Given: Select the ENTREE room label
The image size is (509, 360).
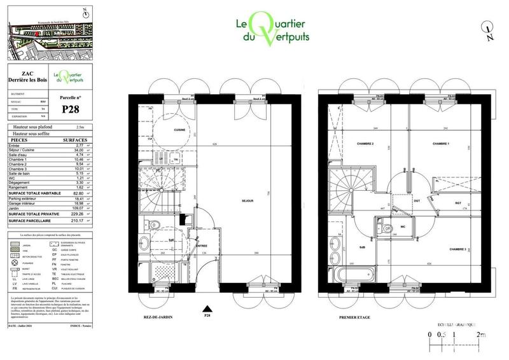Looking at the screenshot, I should [202, 246].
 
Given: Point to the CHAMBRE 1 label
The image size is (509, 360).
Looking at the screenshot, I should [441, 144].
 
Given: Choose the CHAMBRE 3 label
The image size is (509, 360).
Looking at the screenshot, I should [457, 249].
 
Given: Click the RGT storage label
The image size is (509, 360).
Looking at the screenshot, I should [458, 203].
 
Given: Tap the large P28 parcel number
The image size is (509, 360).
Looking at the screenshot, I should [72, 109].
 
